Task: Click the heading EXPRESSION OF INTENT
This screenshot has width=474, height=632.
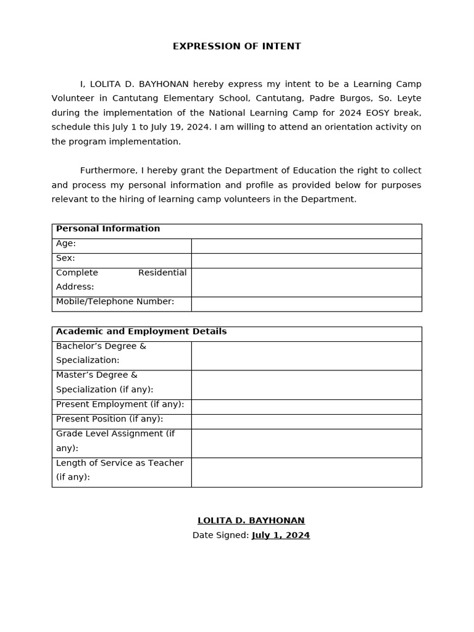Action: pyautogui.click(x=236, y=46)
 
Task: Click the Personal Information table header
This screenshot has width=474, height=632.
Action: pyautogui.click(x=108, y=229)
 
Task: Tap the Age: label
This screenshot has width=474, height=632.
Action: pyautogui.click(x=66, y=244)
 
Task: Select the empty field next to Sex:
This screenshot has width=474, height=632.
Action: pyautogui.click(x=306, y=260)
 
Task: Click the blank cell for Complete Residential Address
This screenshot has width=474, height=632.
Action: pyautogui.click(x=306, y=282)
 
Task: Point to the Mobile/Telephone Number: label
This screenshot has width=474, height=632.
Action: pyautogui.click(x=115, y=302)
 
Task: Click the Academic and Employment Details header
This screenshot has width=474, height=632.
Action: pyautogui.click(x=141, y=331)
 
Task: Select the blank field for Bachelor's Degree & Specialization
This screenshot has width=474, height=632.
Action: pyautogui.click(x=306, y=355)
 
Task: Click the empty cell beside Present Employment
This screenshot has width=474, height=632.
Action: pyautogui.click(x=306, y=407)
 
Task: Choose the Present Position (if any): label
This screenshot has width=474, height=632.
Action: pyautogui.click(x=109, y=419)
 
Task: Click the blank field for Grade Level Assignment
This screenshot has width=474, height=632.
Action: pyautogui.click(x=306, y=443)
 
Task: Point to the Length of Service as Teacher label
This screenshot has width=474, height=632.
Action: pyautogui.click(x=120, y=470)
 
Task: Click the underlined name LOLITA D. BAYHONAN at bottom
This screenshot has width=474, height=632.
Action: pyautogui.click(x=251, y=521)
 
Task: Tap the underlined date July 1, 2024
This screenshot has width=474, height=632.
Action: pyautogui.click(x=281, y=536)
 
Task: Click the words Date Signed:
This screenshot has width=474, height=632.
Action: pyautogui.click(x=220, y=536)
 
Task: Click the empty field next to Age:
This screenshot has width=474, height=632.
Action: pyautogui.click(x=306, y=246)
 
